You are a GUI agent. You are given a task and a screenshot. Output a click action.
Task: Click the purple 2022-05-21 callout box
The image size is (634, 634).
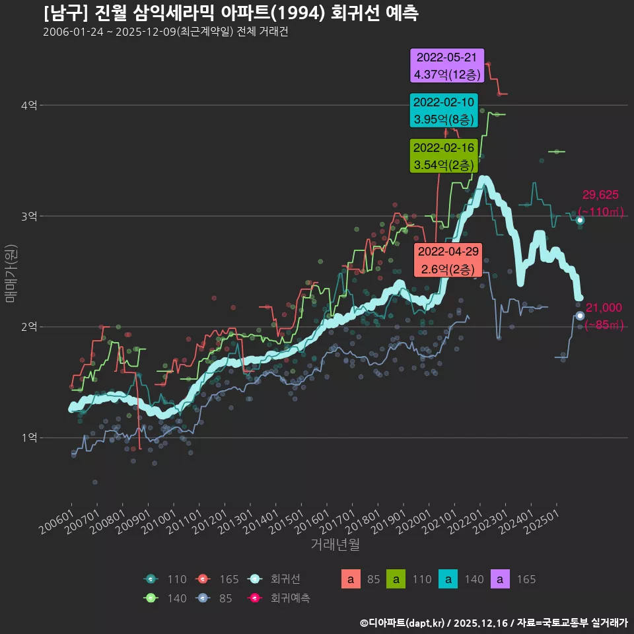click(447, 66)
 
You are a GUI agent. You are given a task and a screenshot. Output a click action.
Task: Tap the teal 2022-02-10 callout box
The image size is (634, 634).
click(442, 110)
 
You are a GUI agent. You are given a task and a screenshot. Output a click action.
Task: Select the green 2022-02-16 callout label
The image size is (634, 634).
click(442, 156)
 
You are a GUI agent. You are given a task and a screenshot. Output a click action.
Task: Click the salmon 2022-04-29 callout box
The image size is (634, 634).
click(448, 260)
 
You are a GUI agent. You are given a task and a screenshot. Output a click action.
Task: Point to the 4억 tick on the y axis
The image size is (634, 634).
click(29, 105)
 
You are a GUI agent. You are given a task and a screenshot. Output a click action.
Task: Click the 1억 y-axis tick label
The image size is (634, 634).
click(29, 437)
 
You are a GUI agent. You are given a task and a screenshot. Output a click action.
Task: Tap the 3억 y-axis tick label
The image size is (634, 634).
click(29, 216)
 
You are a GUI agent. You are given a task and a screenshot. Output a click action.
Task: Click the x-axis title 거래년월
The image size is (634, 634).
click(335, 545)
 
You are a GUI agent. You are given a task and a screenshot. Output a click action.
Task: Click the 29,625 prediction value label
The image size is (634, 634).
click(600, 195)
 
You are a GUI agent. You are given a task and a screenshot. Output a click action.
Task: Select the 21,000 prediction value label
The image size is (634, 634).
click(604, 307)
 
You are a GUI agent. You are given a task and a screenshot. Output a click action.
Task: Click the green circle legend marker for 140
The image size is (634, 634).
click(151, 598)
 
